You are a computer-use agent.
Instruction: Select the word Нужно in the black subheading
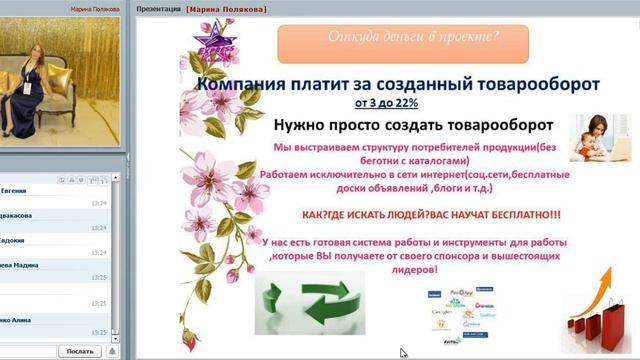pos(299,125)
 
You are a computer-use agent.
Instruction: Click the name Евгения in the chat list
pos(14,189)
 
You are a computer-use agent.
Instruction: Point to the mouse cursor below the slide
pos(403,353)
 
